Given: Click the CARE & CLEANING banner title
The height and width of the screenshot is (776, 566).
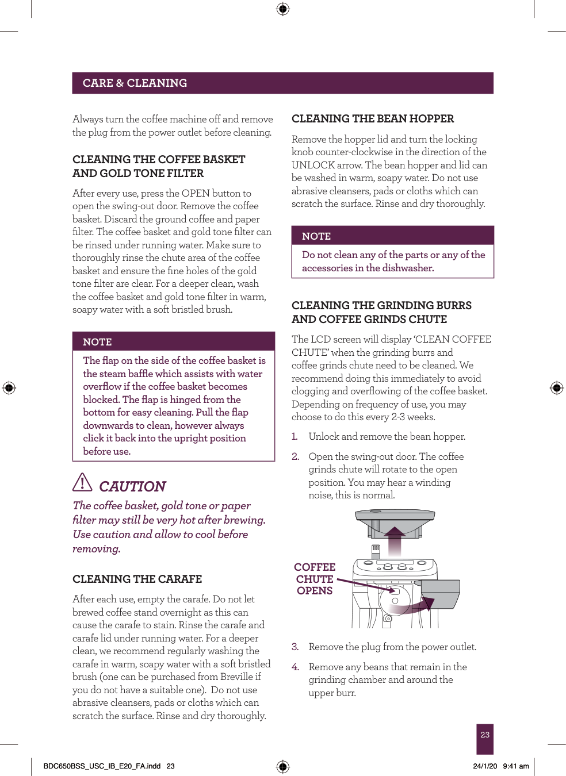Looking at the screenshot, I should pos(135,83).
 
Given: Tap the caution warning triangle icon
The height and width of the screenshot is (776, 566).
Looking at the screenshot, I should pos(82,482).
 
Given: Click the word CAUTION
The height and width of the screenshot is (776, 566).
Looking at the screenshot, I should pos(132,487).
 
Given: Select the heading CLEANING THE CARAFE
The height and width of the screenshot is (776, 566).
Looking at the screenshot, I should pos(137,579).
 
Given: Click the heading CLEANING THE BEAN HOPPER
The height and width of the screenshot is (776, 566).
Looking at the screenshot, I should pos(372,119).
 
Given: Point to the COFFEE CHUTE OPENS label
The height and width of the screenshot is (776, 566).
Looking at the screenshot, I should pos(315,579).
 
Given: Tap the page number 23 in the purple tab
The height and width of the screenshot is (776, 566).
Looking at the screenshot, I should pos(485,735).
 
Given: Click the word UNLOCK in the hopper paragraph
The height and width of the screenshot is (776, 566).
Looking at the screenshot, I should pos(313,165).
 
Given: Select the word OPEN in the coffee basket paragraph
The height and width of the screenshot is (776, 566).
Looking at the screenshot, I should pos(195,193).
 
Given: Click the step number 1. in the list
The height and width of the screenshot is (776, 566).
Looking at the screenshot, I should pos(295,436).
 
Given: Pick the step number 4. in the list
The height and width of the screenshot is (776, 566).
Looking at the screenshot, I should pos(295,667).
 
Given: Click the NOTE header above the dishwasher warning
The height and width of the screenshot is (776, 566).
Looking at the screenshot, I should pos(316,236).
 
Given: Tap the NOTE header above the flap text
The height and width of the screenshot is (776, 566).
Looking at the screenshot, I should pos(97,342).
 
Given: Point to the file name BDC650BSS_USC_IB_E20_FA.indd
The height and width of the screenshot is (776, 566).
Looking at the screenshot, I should pos(102,766).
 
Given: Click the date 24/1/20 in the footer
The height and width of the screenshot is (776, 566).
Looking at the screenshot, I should pos(485,766).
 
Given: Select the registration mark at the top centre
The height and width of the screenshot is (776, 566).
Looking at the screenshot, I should pos(282,9).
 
